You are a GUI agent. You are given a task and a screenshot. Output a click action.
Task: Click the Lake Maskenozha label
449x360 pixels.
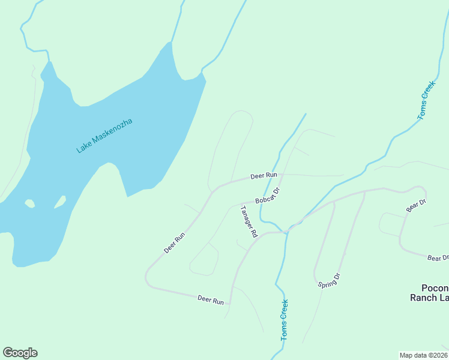pos(104,136)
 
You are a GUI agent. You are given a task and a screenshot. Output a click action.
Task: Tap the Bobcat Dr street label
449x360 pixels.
pos(268,196)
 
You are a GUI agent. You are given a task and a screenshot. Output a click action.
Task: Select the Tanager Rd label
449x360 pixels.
pos(249,221)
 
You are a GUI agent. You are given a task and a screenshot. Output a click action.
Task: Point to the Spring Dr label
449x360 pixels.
pos(329,280)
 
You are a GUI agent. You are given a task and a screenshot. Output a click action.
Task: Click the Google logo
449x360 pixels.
pos(20,353)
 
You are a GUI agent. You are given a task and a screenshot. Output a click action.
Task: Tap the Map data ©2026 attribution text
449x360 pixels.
pos(423,355)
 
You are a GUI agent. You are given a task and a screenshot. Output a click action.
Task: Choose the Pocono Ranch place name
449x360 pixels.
pos(429,292)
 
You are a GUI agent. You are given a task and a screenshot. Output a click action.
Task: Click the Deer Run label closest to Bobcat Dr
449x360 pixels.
pos(264,176)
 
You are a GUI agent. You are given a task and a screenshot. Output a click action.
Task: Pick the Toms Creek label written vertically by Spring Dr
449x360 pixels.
pos(283,320)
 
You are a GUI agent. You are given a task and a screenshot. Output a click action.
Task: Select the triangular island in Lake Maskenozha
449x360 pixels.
pos(60,202)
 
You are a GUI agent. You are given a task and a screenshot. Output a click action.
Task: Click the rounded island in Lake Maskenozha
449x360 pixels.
pos(29,203)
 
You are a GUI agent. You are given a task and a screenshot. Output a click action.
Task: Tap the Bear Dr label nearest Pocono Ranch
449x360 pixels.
pos(438,258)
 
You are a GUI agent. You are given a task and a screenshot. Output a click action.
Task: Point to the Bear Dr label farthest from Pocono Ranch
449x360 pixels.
pos(415,205)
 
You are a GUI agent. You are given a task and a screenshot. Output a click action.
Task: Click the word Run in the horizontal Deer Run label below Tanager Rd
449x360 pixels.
pos(218,300)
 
